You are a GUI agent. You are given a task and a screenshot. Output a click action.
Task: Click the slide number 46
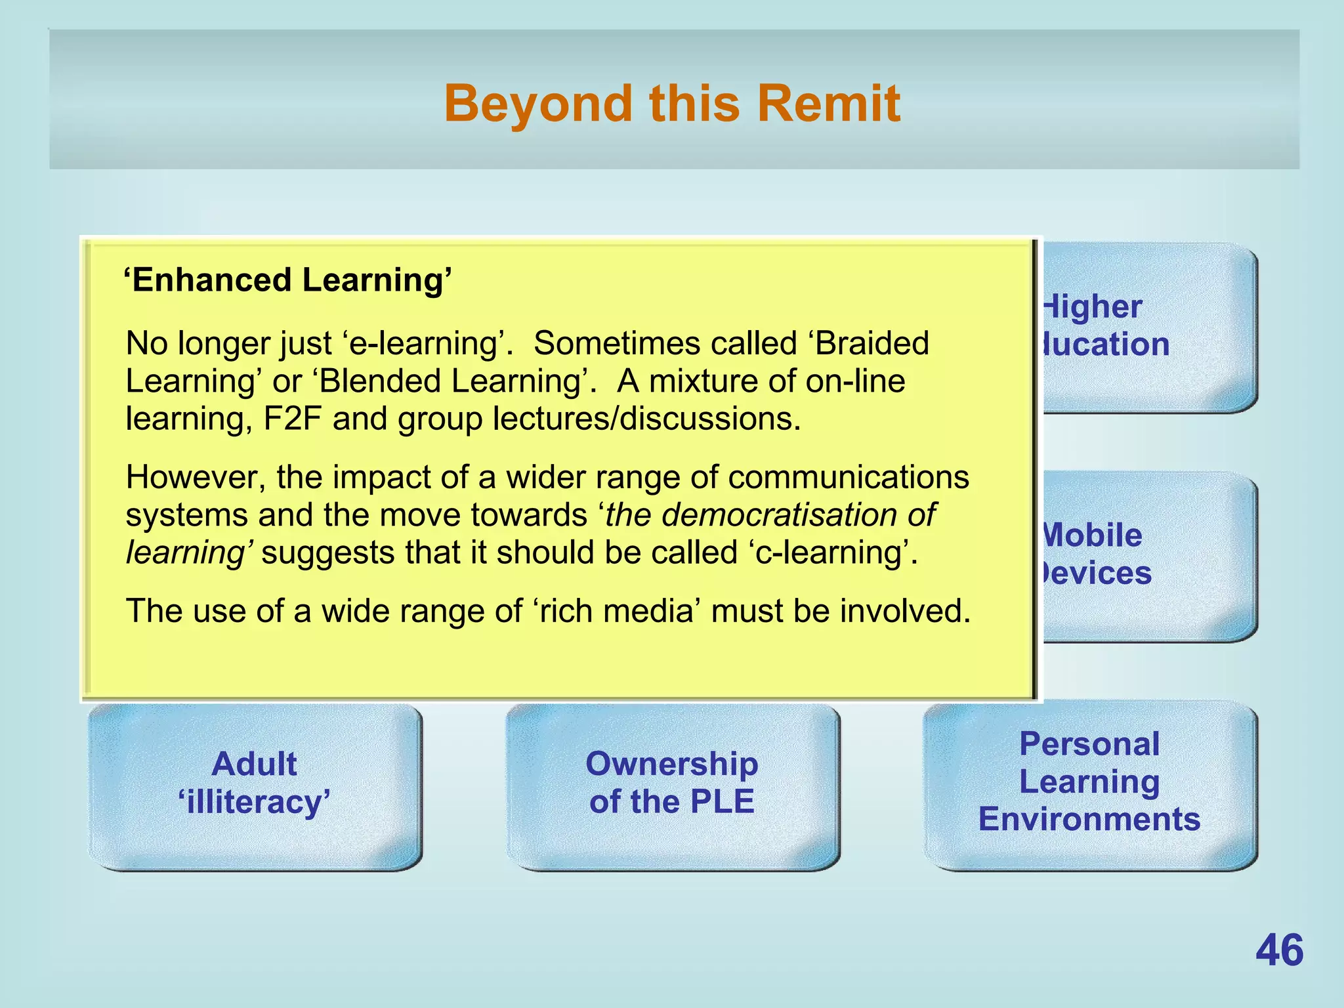(1279, 950)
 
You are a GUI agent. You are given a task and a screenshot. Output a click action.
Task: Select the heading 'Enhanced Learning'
(287, 280)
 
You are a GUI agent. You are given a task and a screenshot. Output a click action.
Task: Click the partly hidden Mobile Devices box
(1148, 555)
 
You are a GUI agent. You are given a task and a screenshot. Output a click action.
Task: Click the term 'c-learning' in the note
(828, 553)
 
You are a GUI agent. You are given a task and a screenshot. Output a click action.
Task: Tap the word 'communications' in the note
(848, 477)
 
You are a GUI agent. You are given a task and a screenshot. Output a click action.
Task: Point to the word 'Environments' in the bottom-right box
(1089, 820)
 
